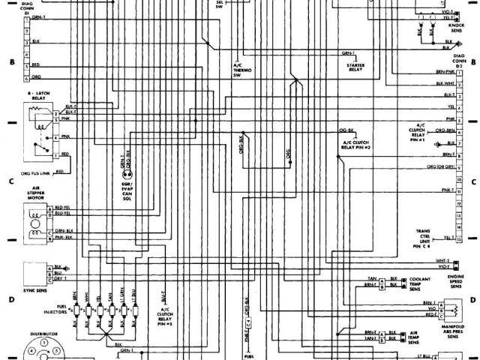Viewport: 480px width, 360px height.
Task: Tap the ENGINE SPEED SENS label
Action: [455, 281]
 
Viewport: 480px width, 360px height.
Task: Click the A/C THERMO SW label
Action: [241, 69]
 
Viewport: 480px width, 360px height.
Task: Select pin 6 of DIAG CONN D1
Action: [26, 78]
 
